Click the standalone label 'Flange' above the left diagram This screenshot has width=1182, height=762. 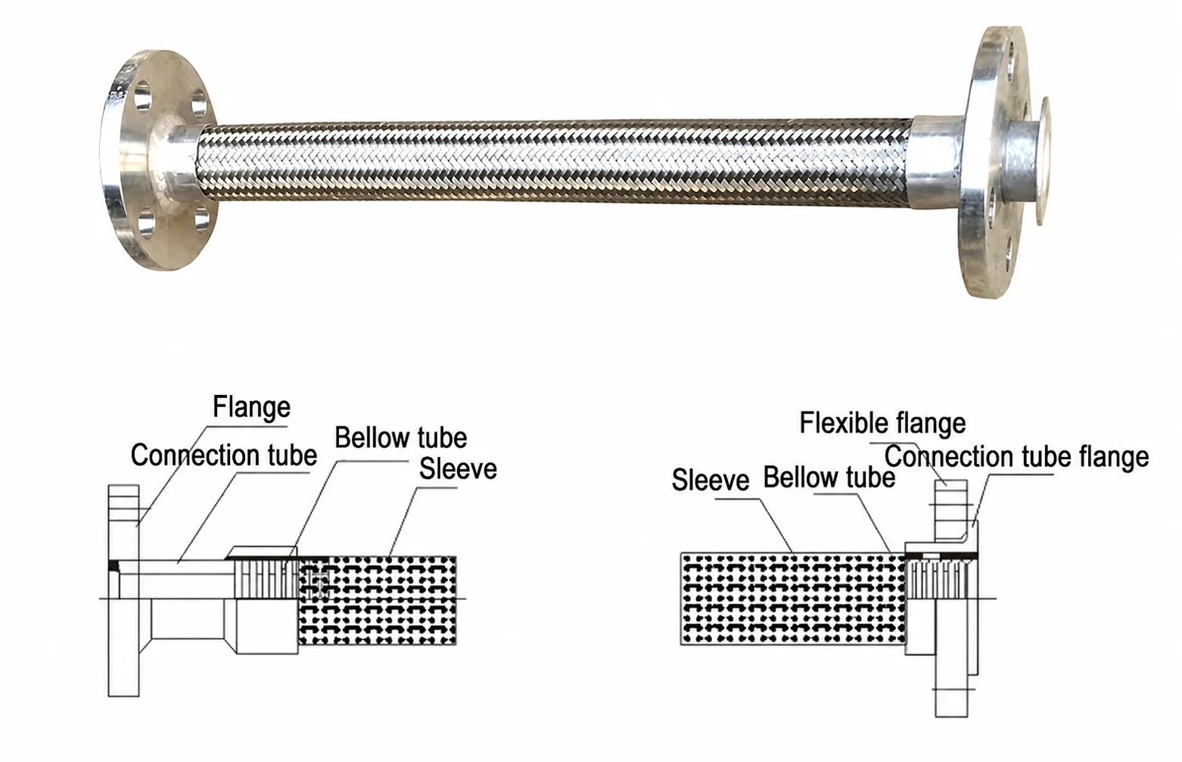click(x=251, y=407)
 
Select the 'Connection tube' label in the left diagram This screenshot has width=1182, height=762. click(x=224, y=455)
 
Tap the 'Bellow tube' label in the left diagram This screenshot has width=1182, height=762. click(x=400, y=437)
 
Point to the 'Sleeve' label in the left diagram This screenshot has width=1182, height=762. click(x=458, y=468)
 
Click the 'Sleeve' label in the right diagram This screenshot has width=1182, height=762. click(x=711, y=480)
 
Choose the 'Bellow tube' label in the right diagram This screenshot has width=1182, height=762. click(x=829, y=477)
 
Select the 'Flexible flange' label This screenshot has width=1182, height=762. click(x=882, y=423)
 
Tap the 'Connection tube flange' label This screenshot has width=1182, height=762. click(x=1016, y=456)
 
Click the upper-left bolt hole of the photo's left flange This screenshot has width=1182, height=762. click(x=142, y=98)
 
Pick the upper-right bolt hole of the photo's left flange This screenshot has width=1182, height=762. click(x=199, y=103)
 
